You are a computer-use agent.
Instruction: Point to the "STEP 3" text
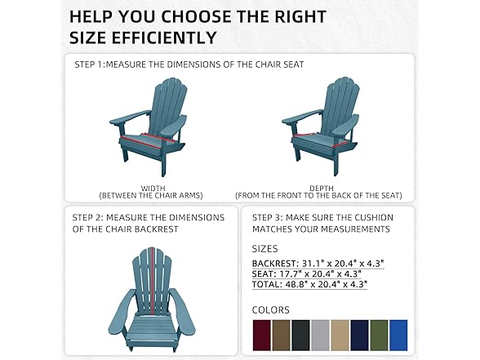(269, 217)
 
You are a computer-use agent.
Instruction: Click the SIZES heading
(264, 248)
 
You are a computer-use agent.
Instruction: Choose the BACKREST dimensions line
(318, 263)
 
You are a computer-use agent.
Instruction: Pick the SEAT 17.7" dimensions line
(308, 273)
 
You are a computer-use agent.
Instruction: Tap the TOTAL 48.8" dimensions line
(309, 284)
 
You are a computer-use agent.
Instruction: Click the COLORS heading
(270, 310)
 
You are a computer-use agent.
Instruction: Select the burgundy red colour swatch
(261, 335)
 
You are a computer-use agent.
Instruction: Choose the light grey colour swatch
(321, 335)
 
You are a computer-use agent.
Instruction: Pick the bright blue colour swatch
(398, 335)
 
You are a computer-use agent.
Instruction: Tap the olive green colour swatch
(379, 335)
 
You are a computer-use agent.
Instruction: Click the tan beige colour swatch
(340, 335)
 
